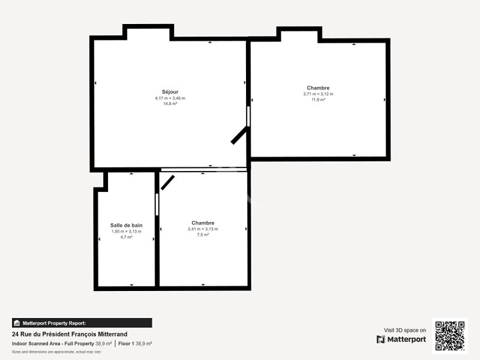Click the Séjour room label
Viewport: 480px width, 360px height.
pyautogui.click(x=170, y=92)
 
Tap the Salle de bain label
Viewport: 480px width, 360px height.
pyautogui.click(x=126, y=225)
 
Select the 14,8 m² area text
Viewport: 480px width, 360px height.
pyautogui.click(x=170, y=104)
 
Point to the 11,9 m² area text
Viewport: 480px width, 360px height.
pyautogui.click(x=318, y=100)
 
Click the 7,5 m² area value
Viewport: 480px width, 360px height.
pyautogui.click(x=203, y=235)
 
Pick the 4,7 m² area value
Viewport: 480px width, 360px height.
pyautogui.click(x=126, y=237)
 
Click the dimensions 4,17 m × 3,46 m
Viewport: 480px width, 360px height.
pyautogui.click(x=170, y=98)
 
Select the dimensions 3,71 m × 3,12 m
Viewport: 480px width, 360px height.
pyautogui.click(x=318, y=94)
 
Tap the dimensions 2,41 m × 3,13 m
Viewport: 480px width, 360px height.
pyautogui.click(x=203, y=229)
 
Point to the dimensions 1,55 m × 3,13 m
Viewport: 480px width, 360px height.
pyautogui.click(x=126, y=231)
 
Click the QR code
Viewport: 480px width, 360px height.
pyautogui.click(x=449, y=336)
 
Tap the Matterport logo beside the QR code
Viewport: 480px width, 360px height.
pyautogui.click(x=401, y=339)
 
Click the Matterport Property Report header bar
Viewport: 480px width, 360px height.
pyautogui.click(x=82, y=323)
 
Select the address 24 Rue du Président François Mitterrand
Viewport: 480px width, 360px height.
pyautogui.click(x=70, y=334)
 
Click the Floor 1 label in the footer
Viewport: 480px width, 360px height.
pyautogui.click(x=126, y=343)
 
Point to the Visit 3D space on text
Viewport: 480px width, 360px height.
pyautogui.click(x=404, y=330)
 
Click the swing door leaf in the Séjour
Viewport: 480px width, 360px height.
pyautogui.click(x=239, y=136)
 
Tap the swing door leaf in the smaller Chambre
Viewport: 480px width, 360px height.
pyautogui.click(x=168, y=182)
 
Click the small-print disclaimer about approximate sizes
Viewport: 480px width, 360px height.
pyautogui.click(x=56, y=352)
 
